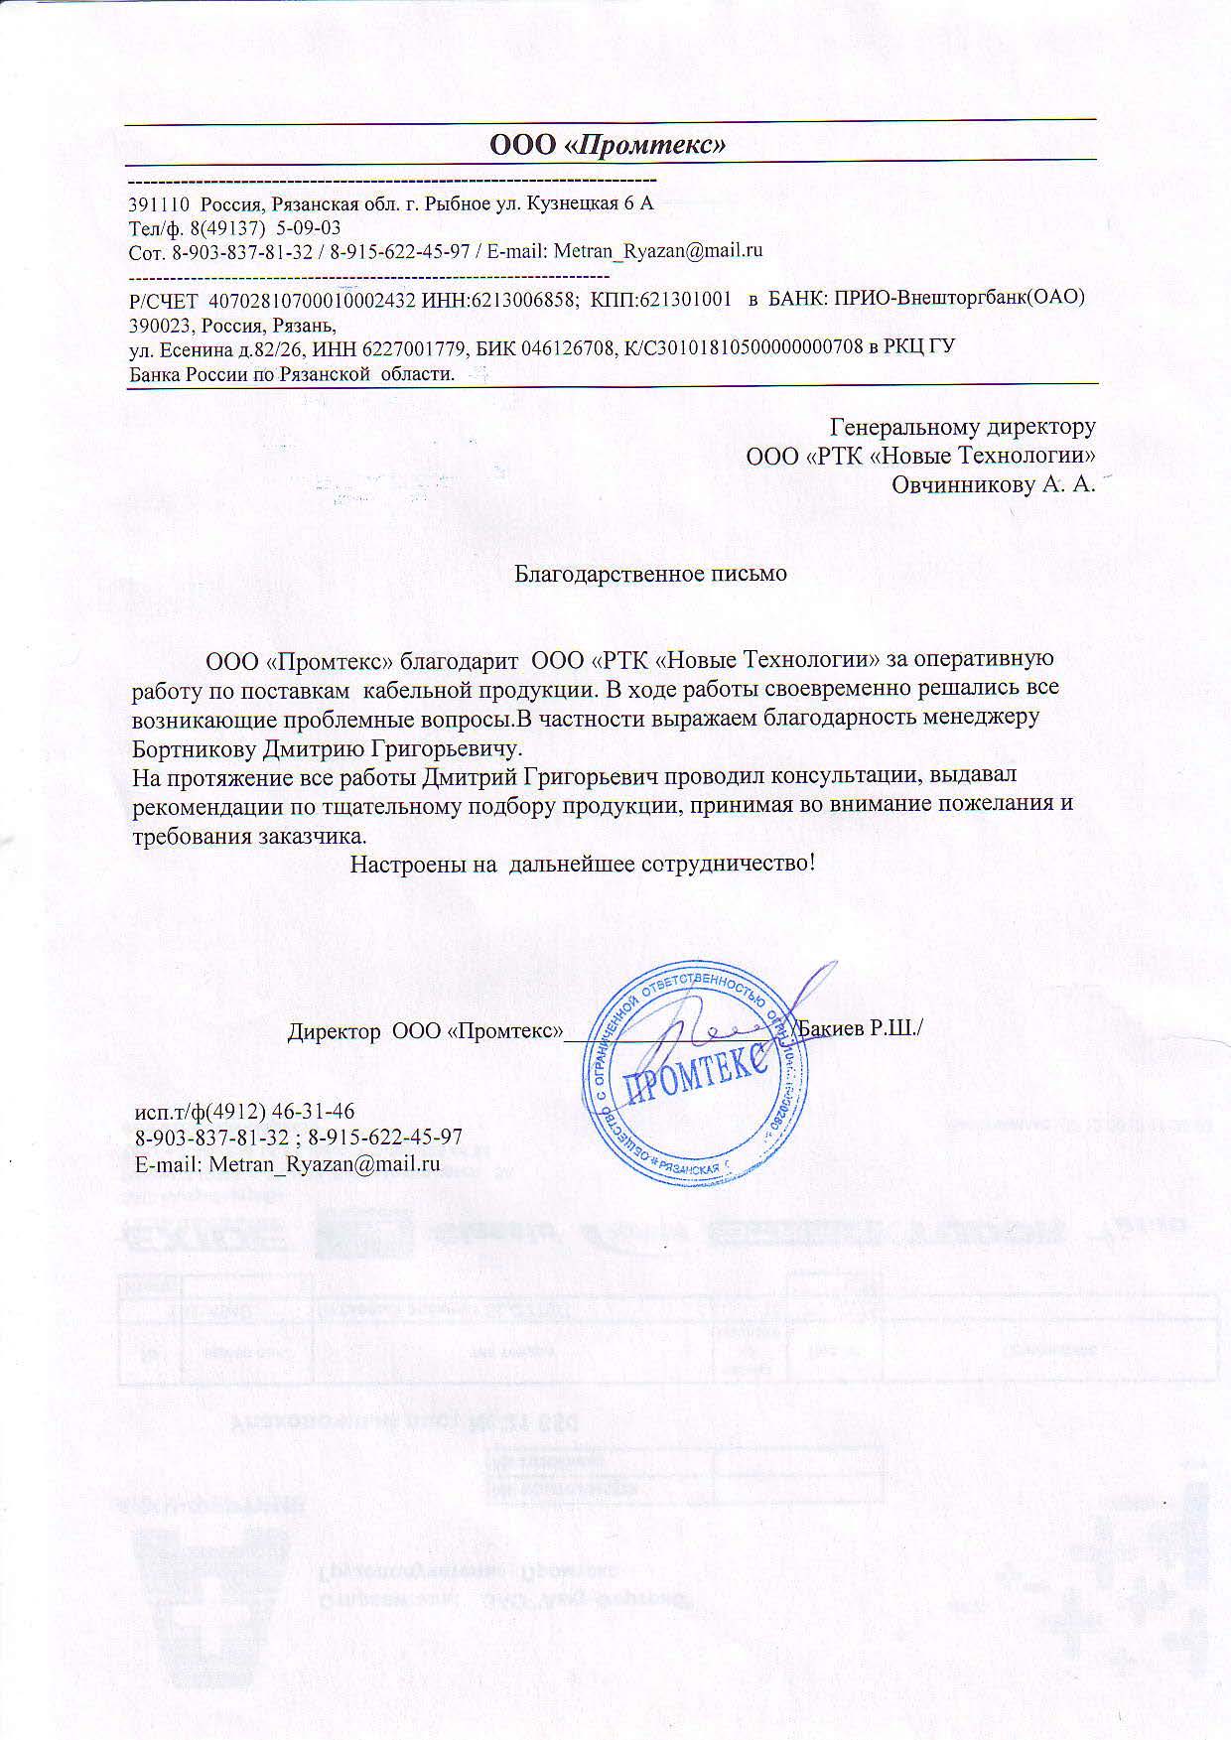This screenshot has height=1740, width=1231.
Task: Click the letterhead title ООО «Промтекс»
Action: pos(609,144)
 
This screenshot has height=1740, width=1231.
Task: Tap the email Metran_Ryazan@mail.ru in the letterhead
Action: pos(657,250)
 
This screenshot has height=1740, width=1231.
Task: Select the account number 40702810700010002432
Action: pos(308,299)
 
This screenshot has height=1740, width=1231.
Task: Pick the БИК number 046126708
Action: pos(588,346)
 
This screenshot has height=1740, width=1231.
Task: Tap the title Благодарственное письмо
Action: pos(650,574)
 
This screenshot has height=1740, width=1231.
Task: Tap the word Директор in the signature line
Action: pos(335,1030)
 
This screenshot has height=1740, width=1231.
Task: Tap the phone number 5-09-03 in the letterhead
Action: pos(308,227)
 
